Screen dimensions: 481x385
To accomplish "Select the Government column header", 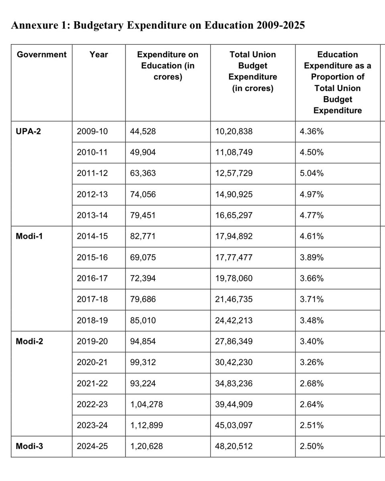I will [42, 55].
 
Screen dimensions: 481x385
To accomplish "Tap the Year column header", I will [99, 55].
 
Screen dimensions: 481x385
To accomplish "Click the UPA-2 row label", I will [29, 131].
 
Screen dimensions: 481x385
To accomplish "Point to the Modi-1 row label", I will [30, 236].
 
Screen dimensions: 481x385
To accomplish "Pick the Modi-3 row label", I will [30, 446].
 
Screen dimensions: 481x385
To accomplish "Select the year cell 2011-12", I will [92, 173].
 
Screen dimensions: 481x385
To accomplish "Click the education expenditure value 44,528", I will [143, 131].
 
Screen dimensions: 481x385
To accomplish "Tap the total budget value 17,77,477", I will [234, 257].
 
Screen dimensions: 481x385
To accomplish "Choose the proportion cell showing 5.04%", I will [312, 173].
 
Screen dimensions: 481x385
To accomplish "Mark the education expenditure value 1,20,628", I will [146, 446].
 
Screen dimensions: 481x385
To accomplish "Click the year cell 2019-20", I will [92, 342].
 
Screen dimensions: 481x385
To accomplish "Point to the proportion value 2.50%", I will [312, 446].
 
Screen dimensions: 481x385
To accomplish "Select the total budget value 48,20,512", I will [234, 446].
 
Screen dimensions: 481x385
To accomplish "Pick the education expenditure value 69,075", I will [143, 257].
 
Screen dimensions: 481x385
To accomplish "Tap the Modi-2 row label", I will [30, 342].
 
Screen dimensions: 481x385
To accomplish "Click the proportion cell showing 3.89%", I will [312, 257].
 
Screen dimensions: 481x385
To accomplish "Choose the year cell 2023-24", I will [92, 425].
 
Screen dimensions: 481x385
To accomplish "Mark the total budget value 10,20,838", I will [234, 131].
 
